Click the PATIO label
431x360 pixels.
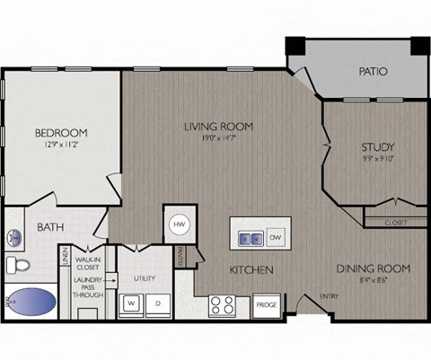pos(373,71)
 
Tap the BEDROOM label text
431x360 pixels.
pos(62,132)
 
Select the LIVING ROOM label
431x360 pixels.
pos(218,126)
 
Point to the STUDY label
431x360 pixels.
pos(379,147)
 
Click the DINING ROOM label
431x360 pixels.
pos(374,268)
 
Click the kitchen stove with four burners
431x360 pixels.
pos(223,305)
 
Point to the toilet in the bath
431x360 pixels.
pos(17,264)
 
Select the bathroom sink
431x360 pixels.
pos(15,238)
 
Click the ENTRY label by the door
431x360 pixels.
pos(330,295)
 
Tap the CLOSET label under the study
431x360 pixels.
pos(395,222)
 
